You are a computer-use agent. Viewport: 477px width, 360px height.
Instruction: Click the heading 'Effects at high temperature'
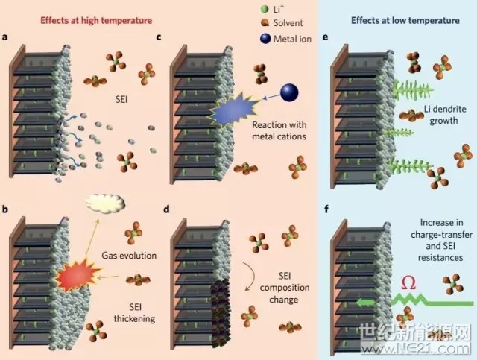tap(96, 20)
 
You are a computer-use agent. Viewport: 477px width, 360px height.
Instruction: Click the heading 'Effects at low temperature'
tap(405, 20)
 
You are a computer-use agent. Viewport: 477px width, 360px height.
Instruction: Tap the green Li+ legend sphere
tap(265, 9)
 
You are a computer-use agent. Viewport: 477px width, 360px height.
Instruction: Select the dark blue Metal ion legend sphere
tap(265, 39)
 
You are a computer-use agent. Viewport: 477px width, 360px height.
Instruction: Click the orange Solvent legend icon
tap(265, 23)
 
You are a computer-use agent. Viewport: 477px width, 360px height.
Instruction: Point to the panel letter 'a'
tap(4, 37)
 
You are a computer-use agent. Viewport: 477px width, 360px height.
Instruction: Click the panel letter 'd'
tap(166, 209)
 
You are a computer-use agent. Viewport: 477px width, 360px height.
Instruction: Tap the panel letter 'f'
tap(326, 209)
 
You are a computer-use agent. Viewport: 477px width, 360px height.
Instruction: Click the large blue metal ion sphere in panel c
tap(289, 92)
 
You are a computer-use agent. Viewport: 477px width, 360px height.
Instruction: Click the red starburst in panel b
tap(78, 274)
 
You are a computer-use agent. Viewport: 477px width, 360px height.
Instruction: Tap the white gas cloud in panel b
tap(105, 203)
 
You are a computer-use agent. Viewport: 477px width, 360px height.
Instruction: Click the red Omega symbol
tap(408, 283)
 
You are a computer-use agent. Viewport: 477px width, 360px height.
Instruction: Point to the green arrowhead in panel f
tap(362, 303)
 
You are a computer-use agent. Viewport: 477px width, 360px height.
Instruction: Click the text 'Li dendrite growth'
tap(444, 115)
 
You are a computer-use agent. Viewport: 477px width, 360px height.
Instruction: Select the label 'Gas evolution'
tap(129, 256)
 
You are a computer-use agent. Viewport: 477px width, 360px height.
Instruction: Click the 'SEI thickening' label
tap(134, 313)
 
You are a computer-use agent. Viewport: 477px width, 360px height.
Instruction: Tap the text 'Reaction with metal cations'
tap(279, 130)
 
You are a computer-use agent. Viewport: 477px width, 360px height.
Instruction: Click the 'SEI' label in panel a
tap(121, 100)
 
